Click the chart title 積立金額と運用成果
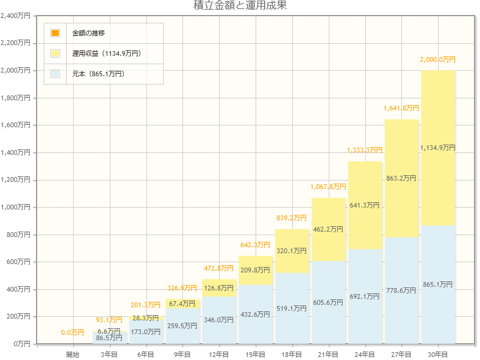coord(240,6)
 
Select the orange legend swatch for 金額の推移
coord(55,33)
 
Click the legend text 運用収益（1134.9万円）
coord(106,53)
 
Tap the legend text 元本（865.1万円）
coord(98,74)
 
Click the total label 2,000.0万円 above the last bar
coord(437,59)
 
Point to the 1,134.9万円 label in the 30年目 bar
coord(437,148)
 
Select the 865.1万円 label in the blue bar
coord(437,284)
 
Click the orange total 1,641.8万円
coord(401,108)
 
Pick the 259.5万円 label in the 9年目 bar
coord(182,326)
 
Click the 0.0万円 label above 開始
coord(73,332)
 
